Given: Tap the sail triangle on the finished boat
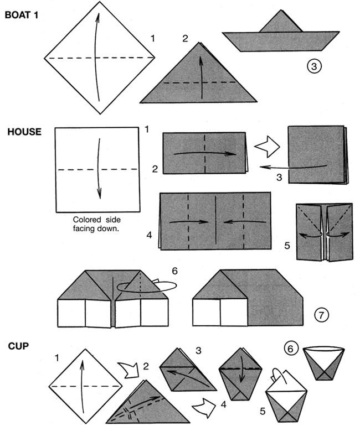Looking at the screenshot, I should (280, 23).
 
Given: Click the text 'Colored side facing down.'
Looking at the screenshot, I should (96, 224).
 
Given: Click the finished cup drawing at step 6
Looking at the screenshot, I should (325, 363).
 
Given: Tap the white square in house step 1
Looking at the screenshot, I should (96, 169).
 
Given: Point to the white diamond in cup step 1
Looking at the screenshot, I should (86, 385).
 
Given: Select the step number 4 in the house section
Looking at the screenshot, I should (149, 235).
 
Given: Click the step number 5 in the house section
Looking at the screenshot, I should (286, 243).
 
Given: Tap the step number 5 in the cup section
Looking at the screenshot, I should (263, 411).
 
